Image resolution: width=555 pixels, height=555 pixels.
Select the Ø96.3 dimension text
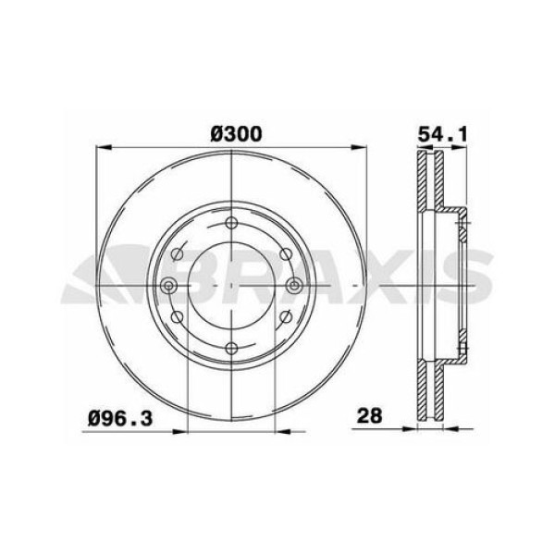pos(121,417)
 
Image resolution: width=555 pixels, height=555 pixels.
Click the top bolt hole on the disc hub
pos(231,221)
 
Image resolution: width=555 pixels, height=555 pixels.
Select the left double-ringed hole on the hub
pos(169,285)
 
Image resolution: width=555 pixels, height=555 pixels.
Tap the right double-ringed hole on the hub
pos(293,285)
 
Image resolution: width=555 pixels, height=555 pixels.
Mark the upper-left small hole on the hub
pos(178,252)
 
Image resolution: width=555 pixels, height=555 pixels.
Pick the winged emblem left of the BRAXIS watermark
pos(102,277)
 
